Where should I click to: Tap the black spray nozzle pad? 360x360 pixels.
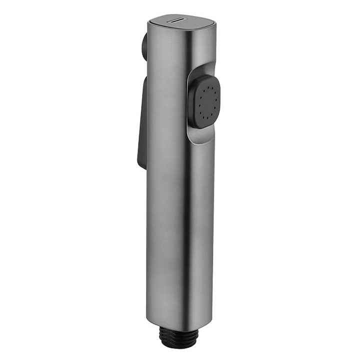click(205, 101)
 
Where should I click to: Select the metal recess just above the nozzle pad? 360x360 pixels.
click(202, 70)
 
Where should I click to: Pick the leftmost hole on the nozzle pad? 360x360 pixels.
click(198, 103)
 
